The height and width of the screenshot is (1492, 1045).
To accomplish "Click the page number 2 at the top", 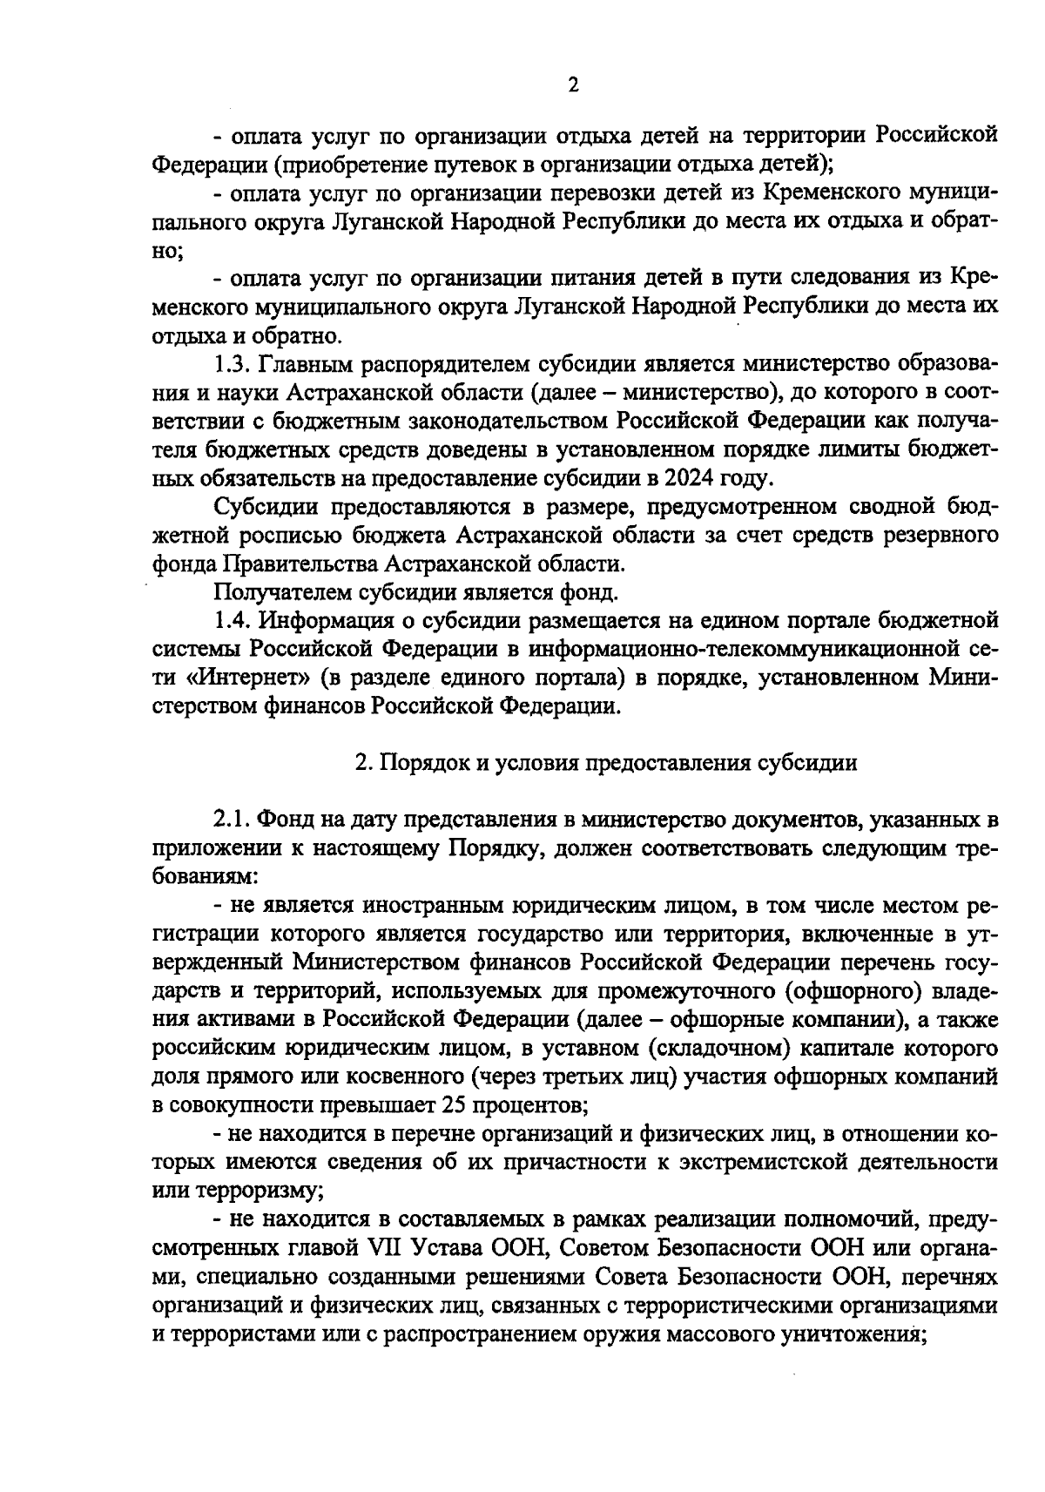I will [x=572, y=84].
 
